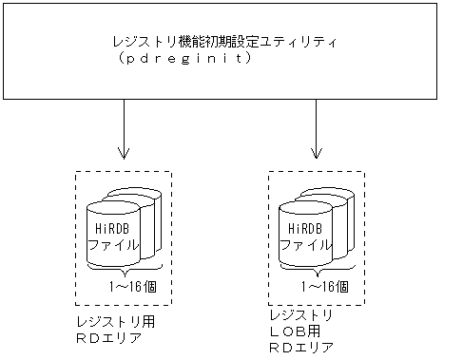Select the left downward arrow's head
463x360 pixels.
[124, 153]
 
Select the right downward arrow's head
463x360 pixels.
[317, 153]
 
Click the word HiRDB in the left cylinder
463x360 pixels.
[110, 228]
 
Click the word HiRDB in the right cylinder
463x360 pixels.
[303, 228]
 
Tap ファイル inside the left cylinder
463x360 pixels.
[111, 243]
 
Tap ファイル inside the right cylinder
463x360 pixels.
[304, 243]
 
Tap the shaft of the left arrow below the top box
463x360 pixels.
[124, 123]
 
